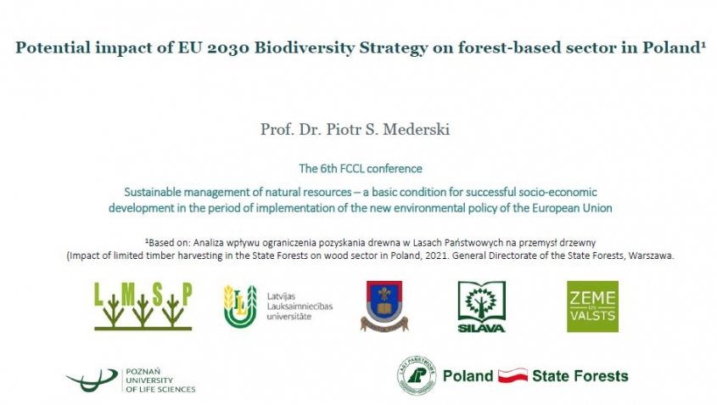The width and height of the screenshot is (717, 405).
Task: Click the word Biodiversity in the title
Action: (304, 48)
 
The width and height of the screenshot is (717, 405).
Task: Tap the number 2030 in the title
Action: (228, 48)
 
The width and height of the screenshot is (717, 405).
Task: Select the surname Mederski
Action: (417, 130)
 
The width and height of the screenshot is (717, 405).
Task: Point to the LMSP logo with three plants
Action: (143, 307)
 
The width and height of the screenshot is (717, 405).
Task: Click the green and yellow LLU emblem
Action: (240, 307)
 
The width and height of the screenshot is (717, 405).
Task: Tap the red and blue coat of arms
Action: (384, 307)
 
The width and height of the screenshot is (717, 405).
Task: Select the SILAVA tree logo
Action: (481, 307)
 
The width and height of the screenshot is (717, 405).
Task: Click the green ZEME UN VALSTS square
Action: (592, 307)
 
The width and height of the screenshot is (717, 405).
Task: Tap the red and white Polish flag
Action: (513, 376)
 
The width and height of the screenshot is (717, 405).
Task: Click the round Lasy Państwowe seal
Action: (417, 376)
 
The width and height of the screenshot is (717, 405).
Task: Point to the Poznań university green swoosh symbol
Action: (92, 380)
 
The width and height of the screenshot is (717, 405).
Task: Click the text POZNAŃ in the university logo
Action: (143, 372)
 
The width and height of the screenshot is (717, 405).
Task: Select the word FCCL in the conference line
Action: (351, 168)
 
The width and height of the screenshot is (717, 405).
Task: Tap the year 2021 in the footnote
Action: (436, 256)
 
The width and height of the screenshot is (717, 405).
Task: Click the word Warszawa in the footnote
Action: (651, 256)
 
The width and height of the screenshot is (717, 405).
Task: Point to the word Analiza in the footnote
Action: (208, 243)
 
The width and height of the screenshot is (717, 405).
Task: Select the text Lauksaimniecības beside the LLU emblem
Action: (300, 307)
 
